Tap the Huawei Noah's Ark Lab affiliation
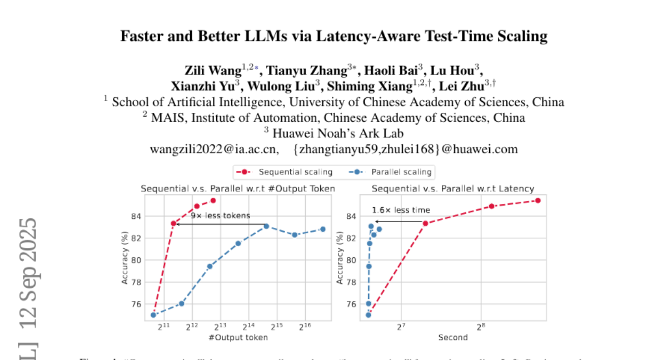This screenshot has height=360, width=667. coord(333,133)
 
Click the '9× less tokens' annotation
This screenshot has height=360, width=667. coord(221,216)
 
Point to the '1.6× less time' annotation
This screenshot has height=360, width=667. coord(401,210)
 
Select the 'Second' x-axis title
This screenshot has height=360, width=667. coord(452,337)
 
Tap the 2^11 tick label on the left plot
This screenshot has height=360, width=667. coord(163,326)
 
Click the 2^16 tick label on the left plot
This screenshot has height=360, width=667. coord(305,326)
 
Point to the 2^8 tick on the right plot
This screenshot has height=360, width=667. coord(481,326)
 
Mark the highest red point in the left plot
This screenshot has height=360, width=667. coord(213,201)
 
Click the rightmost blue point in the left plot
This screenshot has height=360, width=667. coord(322,229)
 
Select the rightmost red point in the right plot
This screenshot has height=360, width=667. coord(537,201)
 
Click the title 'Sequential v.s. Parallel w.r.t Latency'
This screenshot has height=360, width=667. coord(452,189)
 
